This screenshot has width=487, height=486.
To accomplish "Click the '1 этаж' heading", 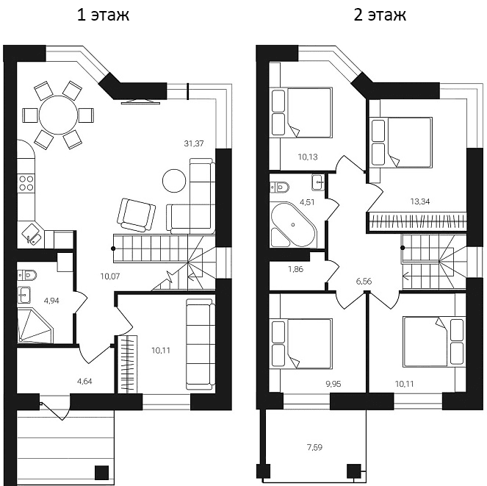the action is [x=103, y=15].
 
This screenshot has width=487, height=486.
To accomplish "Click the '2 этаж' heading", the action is [x=380, y=15].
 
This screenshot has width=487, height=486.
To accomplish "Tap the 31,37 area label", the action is [x=194, y=143].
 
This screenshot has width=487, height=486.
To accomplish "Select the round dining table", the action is [x=58, y=115].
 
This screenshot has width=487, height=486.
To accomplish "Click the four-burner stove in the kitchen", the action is [x=26, y=183].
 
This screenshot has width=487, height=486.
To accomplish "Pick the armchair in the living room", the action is [x=136, y=215].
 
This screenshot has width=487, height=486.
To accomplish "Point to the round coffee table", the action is [x=174, y=181].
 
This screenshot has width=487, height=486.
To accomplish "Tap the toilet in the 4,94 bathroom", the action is [x=27, y=275].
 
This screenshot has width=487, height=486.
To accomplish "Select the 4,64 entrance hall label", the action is [x=84, y=381].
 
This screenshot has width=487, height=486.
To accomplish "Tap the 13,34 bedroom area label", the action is [x=419, y=201].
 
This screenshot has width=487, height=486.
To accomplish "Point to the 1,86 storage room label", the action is [x=296, y=269].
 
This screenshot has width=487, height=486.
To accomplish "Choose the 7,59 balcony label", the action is [x=314, y=448].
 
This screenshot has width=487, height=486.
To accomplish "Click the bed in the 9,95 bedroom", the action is [x=301, y=343].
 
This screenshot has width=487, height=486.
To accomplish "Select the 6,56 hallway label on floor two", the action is [x=364, y=282].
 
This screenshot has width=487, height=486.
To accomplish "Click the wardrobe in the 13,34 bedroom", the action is [x=416, y=223].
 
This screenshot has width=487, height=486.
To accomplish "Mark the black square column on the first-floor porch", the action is [x=101, y=472].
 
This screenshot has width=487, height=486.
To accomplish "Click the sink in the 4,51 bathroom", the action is [x=318, y=182].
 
